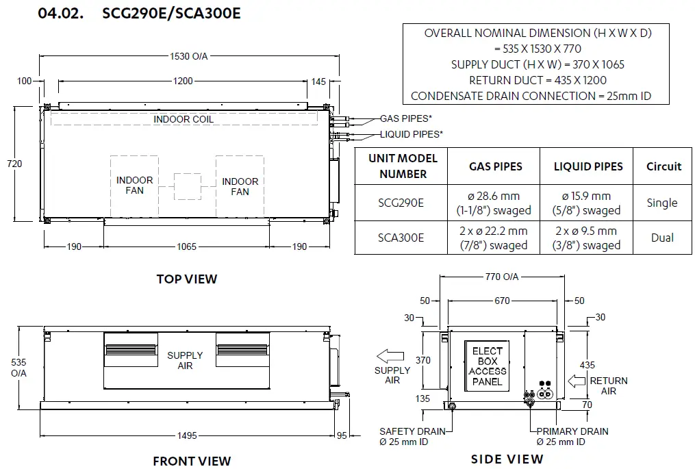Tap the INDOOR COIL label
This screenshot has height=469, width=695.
[x=184, y=119]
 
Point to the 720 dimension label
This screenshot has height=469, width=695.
[x=14, y=164]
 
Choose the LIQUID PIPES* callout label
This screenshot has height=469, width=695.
[x=412, y=134]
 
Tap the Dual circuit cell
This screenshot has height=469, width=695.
[x=663, y=238]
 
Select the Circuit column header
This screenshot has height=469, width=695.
[x=664, y=166]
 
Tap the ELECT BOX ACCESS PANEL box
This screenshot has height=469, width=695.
[x=487, y=366]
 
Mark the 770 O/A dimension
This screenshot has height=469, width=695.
[x=502, y=277]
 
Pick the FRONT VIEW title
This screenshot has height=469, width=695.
[x=192, y=461]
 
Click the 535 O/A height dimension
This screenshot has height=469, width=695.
[x=18, y=368]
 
